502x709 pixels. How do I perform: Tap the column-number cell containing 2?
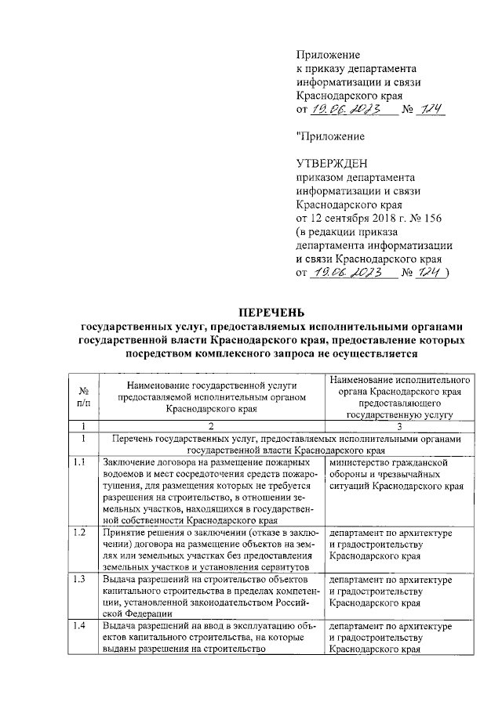pos(211,426)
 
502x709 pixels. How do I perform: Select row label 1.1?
pos(79,463)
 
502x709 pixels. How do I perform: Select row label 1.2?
pos(79,534)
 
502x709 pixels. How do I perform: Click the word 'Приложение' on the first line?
pos(327,54)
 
